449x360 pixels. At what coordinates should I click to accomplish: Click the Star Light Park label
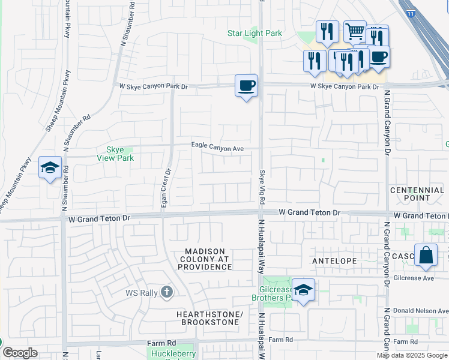coord(255,34)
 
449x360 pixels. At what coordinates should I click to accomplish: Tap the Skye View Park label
coord(115,154)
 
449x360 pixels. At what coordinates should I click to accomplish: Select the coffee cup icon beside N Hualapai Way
coord(246,86)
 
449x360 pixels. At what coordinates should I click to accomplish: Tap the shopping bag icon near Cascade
coord(426,254)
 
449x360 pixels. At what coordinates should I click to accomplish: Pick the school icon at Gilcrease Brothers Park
coord(304,290)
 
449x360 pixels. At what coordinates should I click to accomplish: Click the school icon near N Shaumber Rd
coord(50,167)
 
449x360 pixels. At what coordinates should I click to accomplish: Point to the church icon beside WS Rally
coord(167,292)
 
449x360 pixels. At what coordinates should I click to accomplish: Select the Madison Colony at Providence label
coord(205,259)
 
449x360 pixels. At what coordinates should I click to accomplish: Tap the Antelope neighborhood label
coord(334,261)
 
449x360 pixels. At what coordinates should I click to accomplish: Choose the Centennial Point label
coord(417,194)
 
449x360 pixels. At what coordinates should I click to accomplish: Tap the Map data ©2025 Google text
coord(412,355)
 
